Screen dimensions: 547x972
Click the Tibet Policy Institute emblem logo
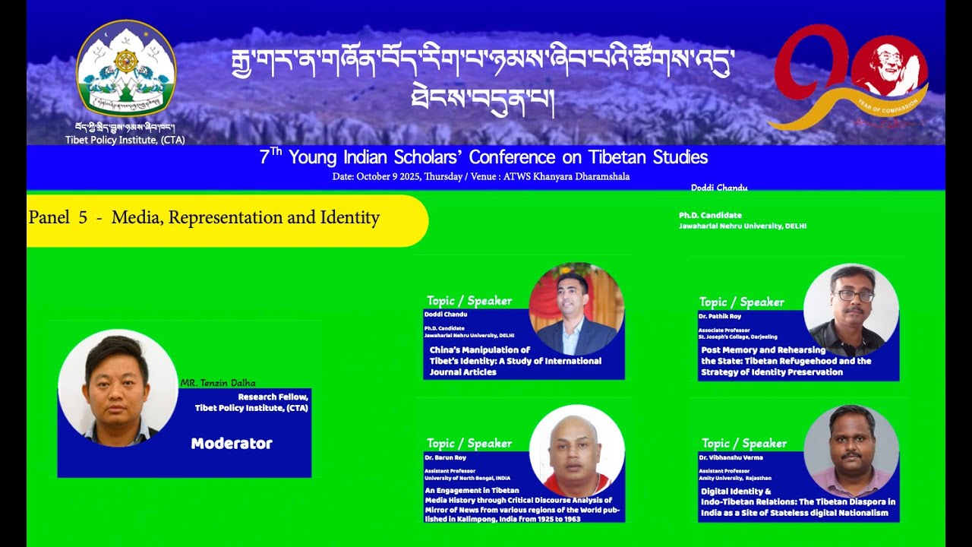[x=126, y=69]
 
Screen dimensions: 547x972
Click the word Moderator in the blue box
[x=232, y=444]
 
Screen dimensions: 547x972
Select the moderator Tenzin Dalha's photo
[x=118, y=388]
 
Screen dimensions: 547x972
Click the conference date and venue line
[x=481, y=177]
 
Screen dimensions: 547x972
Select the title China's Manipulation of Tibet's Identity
[x=515, y=361]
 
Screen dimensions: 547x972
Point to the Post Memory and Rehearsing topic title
[x=785, y=361]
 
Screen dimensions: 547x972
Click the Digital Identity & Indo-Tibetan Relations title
[x=797, y=502]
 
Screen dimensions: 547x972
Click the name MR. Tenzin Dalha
[x=218, y=384]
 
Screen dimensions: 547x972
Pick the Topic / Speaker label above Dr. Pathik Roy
[x=741, y=302]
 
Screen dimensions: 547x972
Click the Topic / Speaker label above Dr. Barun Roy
[x=469, y=444]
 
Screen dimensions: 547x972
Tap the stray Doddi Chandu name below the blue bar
[x=719, y=188]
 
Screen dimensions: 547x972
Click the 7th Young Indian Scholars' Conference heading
[x=484, y=157]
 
